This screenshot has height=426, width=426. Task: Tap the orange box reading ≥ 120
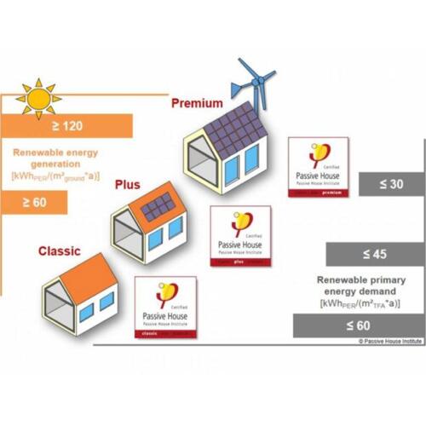pyautogui.click(x=68, y=126)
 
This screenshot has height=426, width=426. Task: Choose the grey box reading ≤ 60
pyautogui.click(x=358, y=325)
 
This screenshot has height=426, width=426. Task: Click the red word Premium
pyautogui.click(x=197, y=103)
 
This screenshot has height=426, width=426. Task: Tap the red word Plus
pyautogui.click(x=126, y=184)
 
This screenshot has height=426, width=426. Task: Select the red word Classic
pyautogui.click(x=60, y=251)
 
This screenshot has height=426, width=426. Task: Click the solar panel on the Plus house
pyautogui.click(x=158, y=207)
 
